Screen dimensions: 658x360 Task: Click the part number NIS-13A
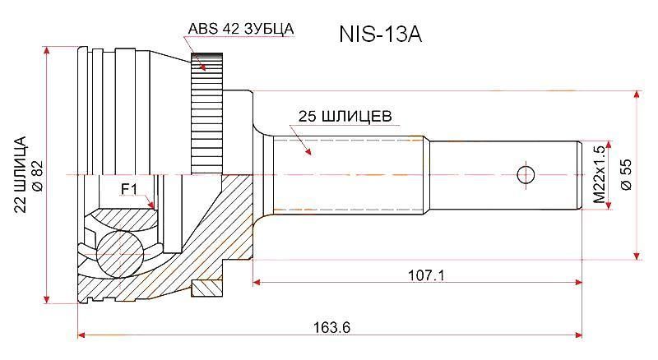click(x=380, y=35)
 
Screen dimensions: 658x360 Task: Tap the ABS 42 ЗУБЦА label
click(x=240, y=29)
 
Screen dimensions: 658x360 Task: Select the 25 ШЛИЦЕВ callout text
click(x=345, y=116)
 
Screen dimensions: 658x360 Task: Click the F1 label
click(x=129, y=190)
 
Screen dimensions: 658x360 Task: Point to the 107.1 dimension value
click(x=426, y=275)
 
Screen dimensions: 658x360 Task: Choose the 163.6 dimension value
click(x=331, y=327)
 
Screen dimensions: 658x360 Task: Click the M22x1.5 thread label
click(x=600, y=174)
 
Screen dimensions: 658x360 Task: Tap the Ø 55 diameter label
click(x=626, y=174)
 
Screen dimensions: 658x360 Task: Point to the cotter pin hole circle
click(x=525, y=174)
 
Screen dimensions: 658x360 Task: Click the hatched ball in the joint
click(x=119, y=254)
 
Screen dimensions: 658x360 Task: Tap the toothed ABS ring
click(x=206, y=113)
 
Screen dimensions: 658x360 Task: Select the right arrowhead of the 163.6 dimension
click(x=578, y=335)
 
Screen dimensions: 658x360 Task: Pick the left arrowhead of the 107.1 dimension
click(x=257, y=283)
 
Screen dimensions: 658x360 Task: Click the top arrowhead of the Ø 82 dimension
click(x=47, y=50)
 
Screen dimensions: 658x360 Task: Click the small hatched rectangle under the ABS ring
click(x=206, y=288)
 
